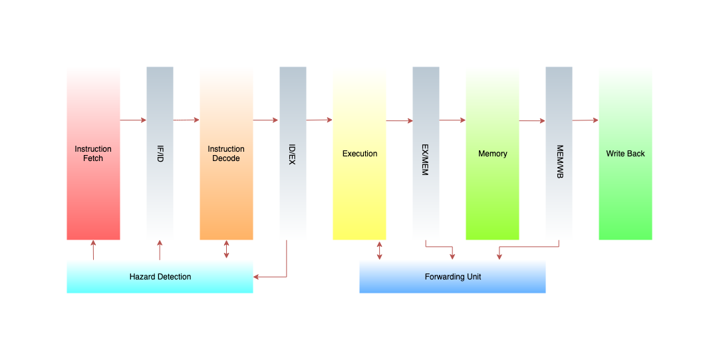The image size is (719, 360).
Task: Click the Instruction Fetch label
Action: click(93, 154)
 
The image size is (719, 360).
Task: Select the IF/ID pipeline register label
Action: click(160, 154)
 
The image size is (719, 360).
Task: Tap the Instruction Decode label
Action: click(226, 154)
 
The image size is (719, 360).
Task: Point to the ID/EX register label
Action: click(293, 154)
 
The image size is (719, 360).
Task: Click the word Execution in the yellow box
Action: click(360, 154)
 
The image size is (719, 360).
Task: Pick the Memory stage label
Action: click(493, 154)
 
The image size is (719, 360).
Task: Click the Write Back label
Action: click(625, 154)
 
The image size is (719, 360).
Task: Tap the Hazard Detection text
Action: click(160, 277)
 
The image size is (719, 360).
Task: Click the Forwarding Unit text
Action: click(453, 277)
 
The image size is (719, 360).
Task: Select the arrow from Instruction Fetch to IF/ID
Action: click(133, 120)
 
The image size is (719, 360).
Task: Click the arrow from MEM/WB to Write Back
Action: click(585, 120)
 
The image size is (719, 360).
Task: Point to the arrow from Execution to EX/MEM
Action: click(399, 120)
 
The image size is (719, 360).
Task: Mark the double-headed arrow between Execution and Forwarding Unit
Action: click(380, 250)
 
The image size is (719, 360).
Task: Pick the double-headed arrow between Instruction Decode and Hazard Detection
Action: click(227, 250)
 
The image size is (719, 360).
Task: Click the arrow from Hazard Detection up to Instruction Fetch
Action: click(93, 250)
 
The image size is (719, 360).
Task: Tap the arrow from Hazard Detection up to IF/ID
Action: click(160, 250)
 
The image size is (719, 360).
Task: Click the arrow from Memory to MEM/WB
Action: click(532, 120)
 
